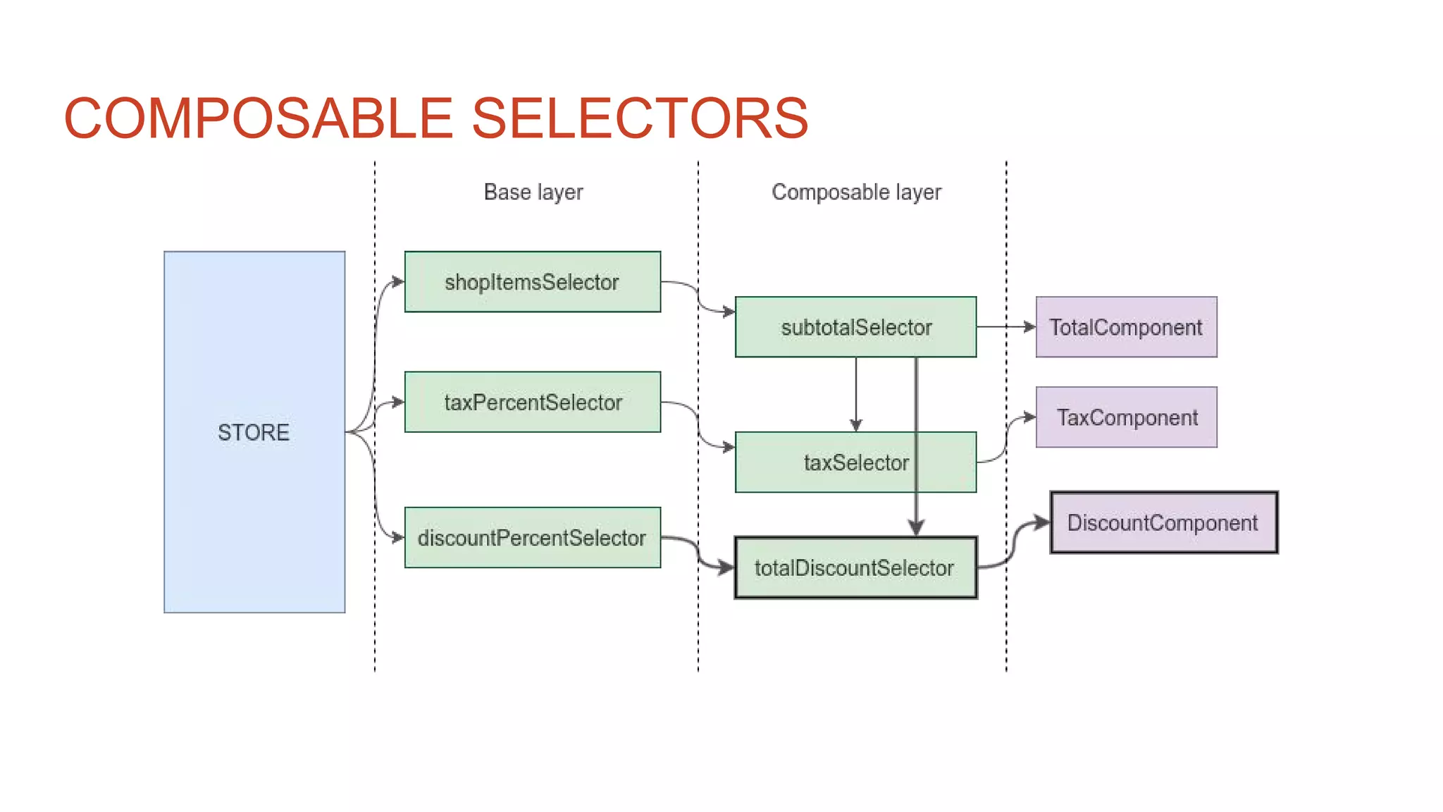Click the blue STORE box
[x=254, y=431]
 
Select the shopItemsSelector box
[x=532, y=282]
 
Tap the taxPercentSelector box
[x=532, y=402]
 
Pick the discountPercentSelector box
[x=532, y=538]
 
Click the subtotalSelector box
[x=855, y=327]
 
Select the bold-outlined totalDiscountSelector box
[x=855, y=568]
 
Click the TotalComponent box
[x=1126, y=327]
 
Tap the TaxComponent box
[x=1126, y=417]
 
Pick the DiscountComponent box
[x=1163, y=523]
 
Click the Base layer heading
[x=533, y=192]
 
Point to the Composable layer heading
[x=856, y=192]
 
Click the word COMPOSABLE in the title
[x=258, y=118]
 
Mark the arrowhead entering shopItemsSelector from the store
[x=398, y=282]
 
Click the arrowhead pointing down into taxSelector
[x=856, y=425]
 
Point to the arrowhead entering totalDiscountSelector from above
[x=916, y=528]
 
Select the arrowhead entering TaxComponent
[x=1029, y=417]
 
